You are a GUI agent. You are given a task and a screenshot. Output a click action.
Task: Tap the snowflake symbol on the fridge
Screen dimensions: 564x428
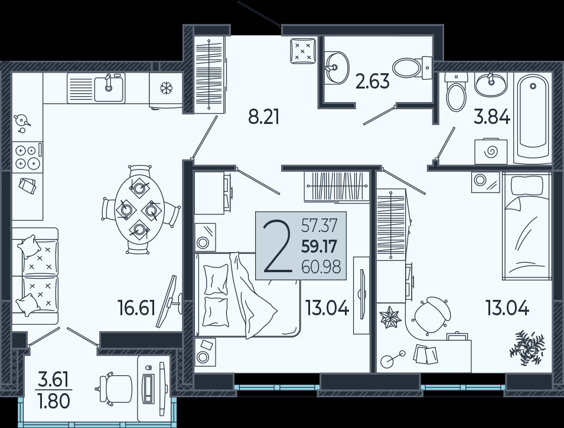[x=166, y=88]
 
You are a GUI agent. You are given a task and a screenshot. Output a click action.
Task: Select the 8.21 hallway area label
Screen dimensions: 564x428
[x=263, y=117]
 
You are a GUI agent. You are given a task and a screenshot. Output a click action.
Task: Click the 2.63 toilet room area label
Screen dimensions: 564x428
[x=372, y=81]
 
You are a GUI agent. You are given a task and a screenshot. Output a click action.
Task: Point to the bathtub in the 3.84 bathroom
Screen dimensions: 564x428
[x=533, y=118]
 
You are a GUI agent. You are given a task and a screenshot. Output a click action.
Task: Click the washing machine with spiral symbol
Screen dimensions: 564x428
[x=491, y=151]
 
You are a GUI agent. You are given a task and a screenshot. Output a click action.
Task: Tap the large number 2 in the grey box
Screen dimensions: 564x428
[x=277, y=247]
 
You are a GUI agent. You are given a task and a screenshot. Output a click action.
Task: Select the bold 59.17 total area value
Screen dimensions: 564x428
[x=319, y=247]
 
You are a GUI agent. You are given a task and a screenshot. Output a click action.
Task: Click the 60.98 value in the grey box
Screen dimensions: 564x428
[x=321, y=267]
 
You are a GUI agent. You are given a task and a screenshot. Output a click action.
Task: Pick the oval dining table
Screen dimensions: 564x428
[x=139, y=210]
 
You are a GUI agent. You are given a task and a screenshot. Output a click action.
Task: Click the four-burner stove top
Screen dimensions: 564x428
[x=27, y=157]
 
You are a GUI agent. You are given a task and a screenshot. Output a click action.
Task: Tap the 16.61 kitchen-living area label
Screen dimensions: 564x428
[x=136, y=308]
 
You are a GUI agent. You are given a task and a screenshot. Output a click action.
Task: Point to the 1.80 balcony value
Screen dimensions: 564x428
[x=54, y=401]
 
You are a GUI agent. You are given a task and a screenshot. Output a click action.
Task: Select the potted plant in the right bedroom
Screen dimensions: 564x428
[x=527, y=348]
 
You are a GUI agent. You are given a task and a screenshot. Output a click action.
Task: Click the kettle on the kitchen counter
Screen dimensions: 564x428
[x=22, y=122]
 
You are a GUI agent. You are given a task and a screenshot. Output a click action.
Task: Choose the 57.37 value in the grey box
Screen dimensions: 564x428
[x=320, y=226]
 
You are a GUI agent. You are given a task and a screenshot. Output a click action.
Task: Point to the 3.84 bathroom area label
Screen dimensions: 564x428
[x=492, y=117]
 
